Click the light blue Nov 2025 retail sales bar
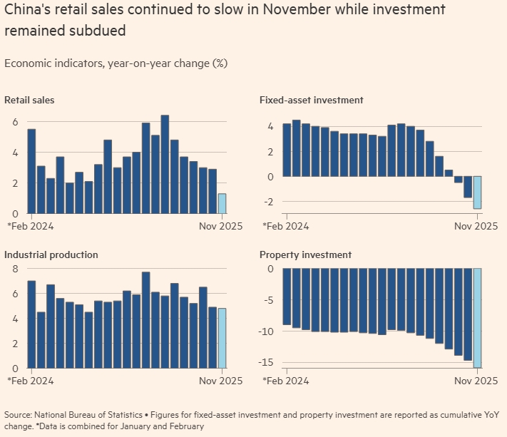point(222,204)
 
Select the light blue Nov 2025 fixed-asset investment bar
point(477,192)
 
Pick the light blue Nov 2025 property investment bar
point(477,318)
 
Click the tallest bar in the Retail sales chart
point(165,164)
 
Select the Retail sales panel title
point(29,100)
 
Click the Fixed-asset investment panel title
point(312,100)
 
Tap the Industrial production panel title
point(51,255)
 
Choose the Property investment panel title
point(305,255)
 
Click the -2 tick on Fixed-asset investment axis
point(269,202)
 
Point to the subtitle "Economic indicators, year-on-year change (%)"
point(116,63)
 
